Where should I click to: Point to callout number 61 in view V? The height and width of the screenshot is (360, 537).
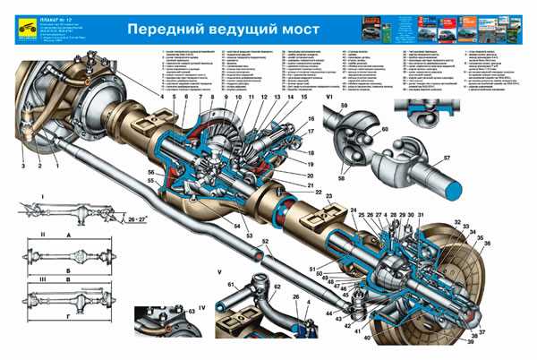(x=230, y=284)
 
